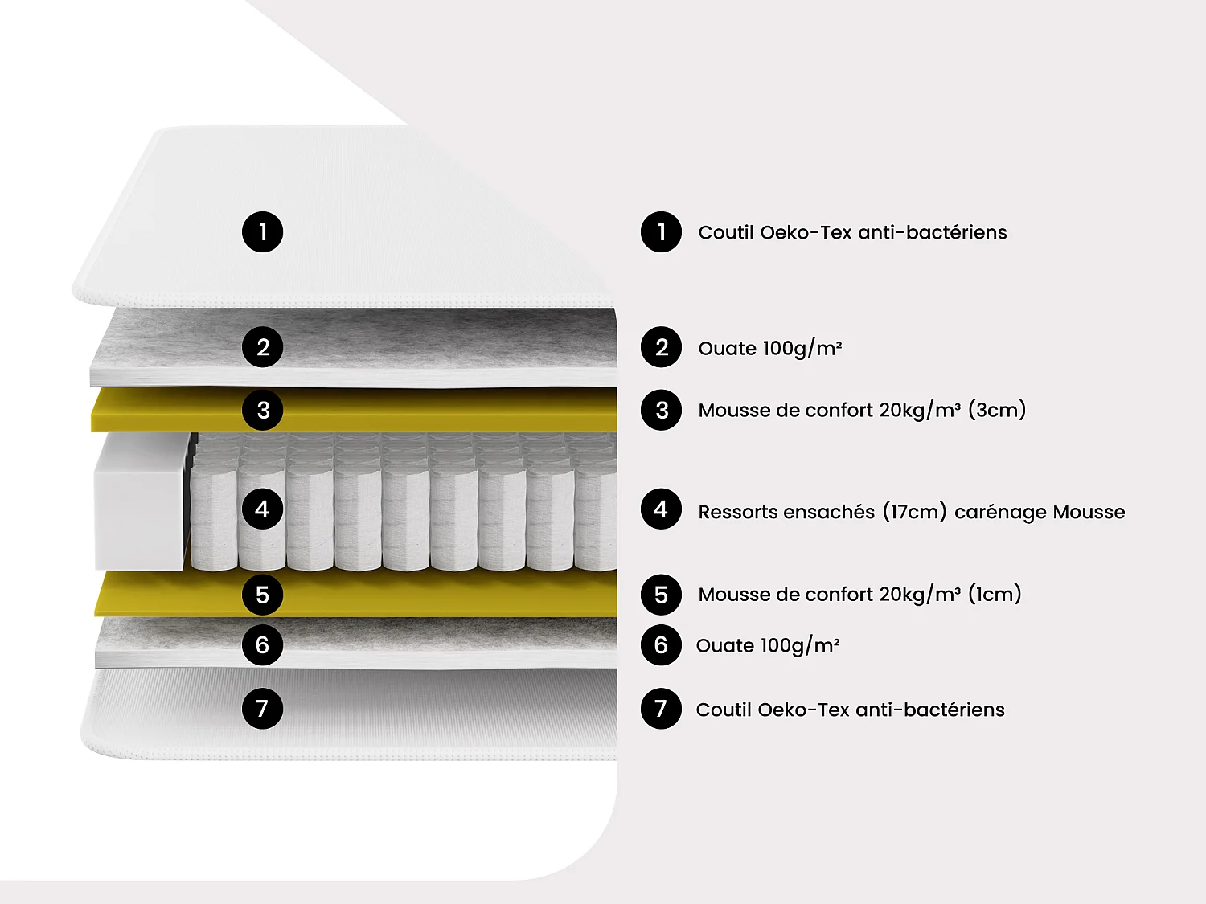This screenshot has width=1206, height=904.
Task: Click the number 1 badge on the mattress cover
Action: (262, 232)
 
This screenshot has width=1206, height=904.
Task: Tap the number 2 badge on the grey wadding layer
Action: (262, 347)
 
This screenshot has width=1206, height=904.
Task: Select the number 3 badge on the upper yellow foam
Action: (262, 410)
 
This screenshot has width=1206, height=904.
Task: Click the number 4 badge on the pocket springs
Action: (262, 509)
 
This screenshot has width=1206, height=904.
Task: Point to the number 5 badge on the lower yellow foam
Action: (262, 595)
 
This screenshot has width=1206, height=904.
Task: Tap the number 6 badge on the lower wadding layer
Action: (262, 644)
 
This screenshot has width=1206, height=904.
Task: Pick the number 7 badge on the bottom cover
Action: (262, 709)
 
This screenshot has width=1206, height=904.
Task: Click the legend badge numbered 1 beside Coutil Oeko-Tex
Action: (661, 232)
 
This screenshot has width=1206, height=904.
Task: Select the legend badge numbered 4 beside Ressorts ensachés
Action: (661, 509)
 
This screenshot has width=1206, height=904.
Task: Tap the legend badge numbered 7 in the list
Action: (661, 709)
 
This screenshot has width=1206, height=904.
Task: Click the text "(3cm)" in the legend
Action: (997, 410)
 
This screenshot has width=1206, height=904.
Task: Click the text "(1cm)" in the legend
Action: (995, 595)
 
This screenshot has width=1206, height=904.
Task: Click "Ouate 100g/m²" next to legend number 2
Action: (769, 348)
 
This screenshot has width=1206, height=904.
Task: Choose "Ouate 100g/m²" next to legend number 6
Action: (768, 645)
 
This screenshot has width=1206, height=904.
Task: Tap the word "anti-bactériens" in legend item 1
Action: (932, 232)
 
